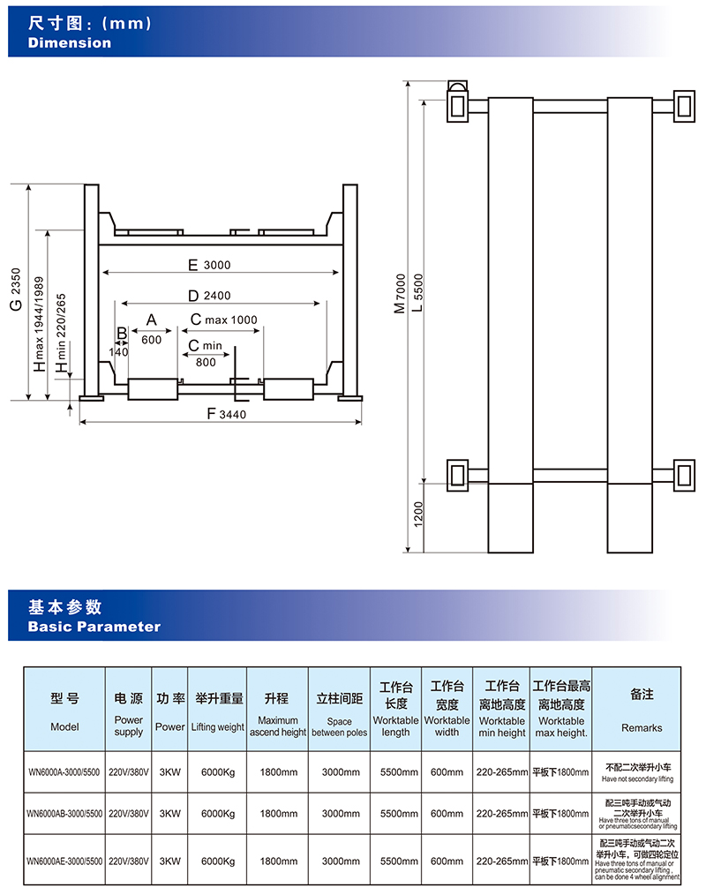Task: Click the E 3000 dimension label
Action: point(208,265)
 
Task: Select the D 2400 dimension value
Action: point(209,295)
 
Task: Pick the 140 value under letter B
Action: point(118,352)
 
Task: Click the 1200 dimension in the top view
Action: point(418,515)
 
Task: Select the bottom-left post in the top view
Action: point(459,475)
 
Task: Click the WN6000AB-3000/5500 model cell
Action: point(64,813)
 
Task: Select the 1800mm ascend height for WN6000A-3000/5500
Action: point(278,771)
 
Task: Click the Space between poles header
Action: point(339,714)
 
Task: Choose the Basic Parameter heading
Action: point(94,627)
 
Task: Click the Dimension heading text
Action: point(70,42)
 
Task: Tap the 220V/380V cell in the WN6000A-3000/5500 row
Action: point(129,771)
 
